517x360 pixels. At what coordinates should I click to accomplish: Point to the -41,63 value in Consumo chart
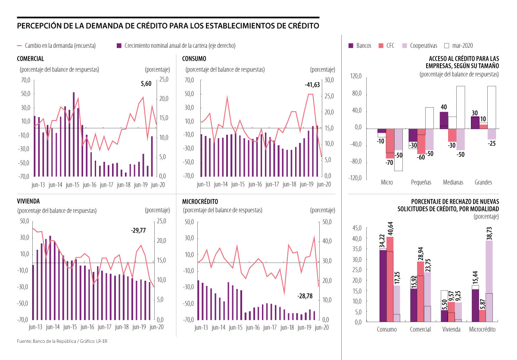[x=312, y=85]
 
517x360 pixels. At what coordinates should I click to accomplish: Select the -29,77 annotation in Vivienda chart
[x=138, y=231]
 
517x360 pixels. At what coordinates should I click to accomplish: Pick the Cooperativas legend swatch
[x=404, y=45]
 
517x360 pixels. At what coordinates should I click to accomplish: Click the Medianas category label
[x=453, y=182]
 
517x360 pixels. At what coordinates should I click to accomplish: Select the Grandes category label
[x=483, y=182]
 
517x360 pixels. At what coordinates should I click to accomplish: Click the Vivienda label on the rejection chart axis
[x=452, y=329]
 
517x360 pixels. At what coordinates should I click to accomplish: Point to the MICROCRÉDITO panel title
[x=200, y=202]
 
